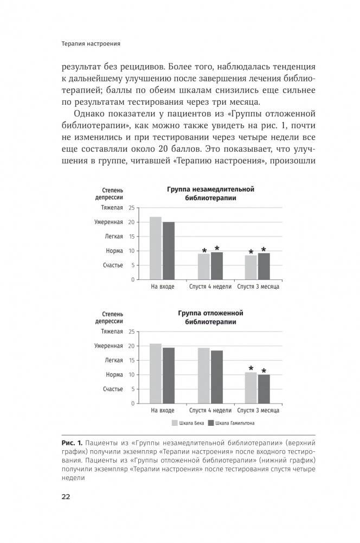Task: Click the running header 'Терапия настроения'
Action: click(91, 43)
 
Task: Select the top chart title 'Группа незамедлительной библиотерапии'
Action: click(210, 194)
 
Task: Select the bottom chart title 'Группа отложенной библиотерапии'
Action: click(210, 318)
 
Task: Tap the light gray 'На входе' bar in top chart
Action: click(156, 248)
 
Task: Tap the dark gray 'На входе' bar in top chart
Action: click(169, 251)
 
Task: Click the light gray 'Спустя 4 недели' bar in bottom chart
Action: click(204, 375)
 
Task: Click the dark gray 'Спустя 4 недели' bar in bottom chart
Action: click(217, 377)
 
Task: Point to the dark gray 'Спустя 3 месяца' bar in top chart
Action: click(264, 266)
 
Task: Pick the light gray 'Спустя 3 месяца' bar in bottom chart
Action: click(251, 388)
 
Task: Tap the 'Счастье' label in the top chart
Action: click(113, 265)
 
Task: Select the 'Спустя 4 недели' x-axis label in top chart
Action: click(210, 286)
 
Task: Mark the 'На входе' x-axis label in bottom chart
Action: click(162, 411)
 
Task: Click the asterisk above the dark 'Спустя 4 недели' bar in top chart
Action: click(217, 248)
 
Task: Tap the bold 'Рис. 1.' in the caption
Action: click(72, 443)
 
